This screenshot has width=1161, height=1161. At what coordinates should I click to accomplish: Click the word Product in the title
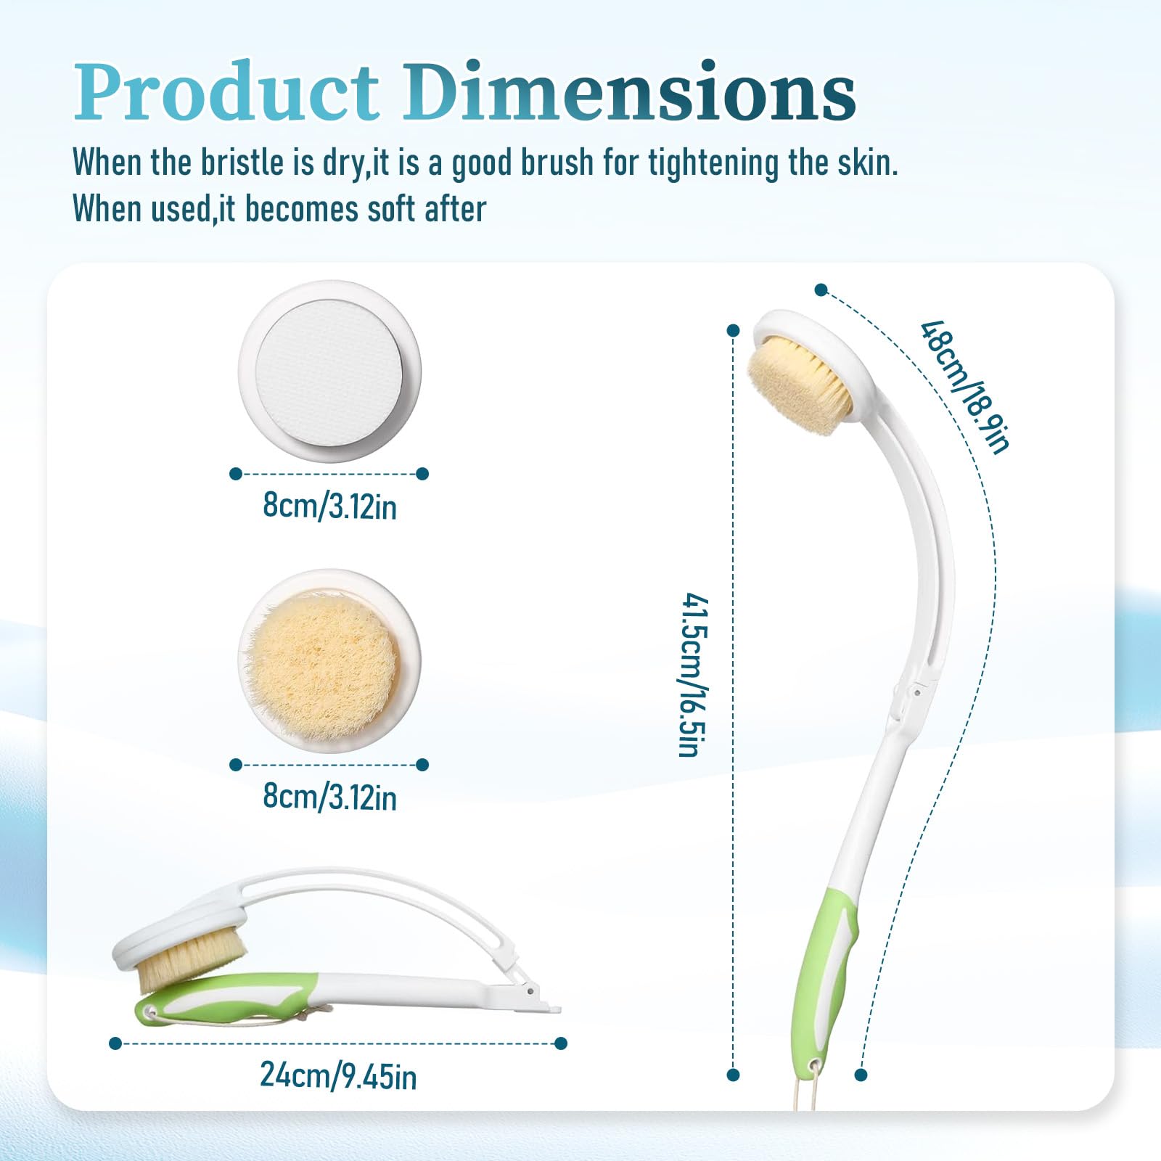pyautogui.click(x=226, y=91)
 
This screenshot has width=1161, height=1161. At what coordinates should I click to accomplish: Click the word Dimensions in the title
pyautogui.click(x=630, y=91)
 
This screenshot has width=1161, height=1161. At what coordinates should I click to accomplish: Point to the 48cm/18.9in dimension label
pyautogui.click(x=965, y=387)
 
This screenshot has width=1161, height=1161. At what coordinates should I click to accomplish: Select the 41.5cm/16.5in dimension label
pyautogui.click(x=693, y=675)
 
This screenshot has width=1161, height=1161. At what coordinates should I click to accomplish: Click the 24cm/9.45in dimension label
pyautogui.click(x=338, y=1075)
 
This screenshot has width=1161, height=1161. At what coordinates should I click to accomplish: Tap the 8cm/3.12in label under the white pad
pyautogui.click(x=329, y=506)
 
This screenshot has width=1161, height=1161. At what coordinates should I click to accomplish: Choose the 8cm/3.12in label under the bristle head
pyautogui.click(x=329, y=797)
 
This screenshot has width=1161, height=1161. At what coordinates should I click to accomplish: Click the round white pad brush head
pyautogui.click(x=330, y=372)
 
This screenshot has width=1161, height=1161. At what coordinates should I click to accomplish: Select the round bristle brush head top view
pyautogui.click(x=330, y=660)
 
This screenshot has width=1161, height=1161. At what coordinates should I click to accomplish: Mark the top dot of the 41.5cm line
pyautogui.click(x=733, y=331)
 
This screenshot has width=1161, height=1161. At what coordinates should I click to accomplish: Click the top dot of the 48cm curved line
pyautogui.click(x=821, y=290)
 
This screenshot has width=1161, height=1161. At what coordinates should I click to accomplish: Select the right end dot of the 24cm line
pyautogui.click(x=560, y=1043)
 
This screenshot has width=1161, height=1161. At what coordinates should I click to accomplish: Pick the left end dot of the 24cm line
pyautogui.click(x=115, y=1043)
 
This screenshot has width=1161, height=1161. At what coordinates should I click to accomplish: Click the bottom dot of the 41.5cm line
pyautogui.click(x=733, y=1075)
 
